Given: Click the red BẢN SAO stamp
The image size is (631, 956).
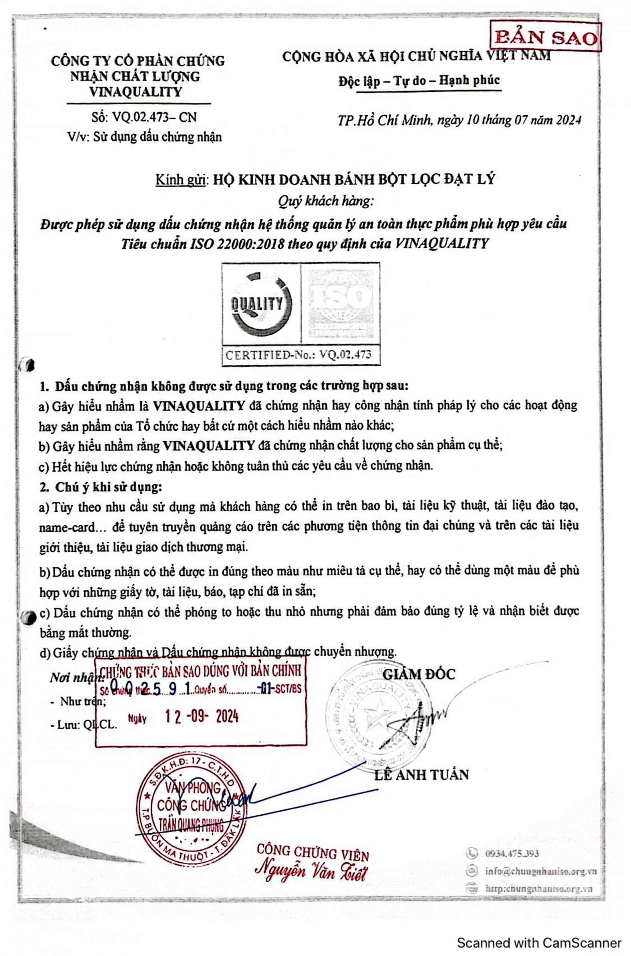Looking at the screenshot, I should (x=546, y=37).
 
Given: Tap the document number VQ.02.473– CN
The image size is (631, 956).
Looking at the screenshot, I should (x=144, y=117).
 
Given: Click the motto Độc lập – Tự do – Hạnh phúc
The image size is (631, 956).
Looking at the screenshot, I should (x=419, y=81).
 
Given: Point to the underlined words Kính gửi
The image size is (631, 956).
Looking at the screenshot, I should (x=181, y=180).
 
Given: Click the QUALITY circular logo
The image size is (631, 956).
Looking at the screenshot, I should (x=261, y=304).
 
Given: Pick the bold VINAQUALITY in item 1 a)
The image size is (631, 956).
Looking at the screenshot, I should (x=200, y=405).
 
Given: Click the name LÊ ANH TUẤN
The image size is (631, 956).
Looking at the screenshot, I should (x=421, y=775).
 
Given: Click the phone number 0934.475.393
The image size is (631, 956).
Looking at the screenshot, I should (x=512, y=853).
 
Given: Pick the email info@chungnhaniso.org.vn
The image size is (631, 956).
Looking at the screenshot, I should (x=540, y=871).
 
